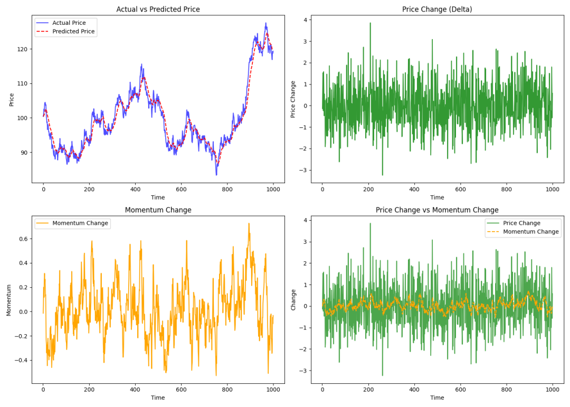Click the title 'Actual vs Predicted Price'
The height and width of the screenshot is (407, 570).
(158, 10)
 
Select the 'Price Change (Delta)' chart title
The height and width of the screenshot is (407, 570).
(437, 10)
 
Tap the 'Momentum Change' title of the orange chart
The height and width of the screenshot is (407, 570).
(158, 210)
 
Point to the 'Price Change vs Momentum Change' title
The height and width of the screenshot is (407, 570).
(437, 210)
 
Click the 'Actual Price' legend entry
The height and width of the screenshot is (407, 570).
(69, 23)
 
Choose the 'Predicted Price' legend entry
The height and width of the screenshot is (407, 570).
(73, 32)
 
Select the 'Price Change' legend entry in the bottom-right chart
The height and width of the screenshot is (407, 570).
(521, 223)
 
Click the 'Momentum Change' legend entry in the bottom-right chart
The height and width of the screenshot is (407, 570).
(530, 232)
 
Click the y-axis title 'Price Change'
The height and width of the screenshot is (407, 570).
(293, 99)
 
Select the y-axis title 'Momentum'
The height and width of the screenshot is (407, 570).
(8, 300)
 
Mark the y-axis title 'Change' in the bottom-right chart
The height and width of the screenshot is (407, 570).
(293, 300)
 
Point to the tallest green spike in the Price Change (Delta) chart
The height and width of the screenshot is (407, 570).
(370, 23)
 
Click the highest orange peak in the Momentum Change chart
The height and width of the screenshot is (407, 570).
(249, 224)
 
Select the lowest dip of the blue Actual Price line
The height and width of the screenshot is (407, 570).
(216, 175)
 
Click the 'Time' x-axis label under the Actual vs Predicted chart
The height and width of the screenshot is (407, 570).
(158, 197)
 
